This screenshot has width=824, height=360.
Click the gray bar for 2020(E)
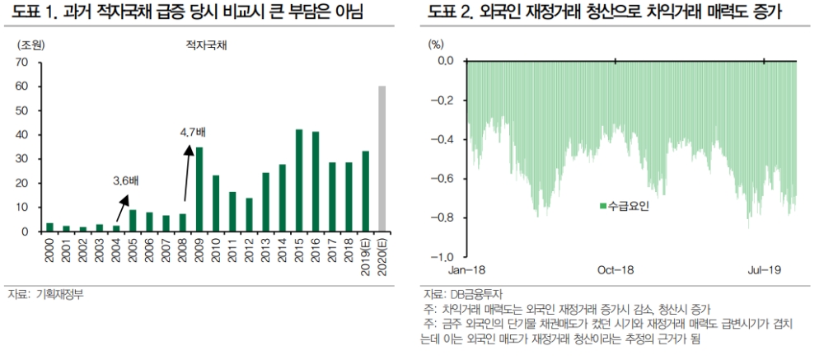click(382, 158)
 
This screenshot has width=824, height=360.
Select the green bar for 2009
click(200, 189)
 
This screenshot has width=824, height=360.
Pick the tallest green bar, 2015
click(298, 180)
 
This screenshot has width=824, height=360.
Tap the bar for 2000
click(49, 227)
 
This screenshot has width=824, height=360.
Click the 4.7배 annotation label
click(194, 131)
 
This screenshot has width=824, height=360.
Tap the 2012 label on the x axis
click(250, 247)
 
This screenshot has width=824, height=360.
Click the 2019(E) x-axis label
click(365, 255)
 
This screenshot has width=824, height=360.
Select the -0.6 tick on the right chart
click(443, 179)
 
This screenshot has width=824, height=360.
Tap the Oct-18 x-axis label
click(615, 270)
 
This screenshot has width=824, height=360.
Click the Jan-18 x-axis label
click(466, 270)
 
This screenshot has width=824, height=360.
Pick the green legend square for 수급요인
click(603, 205)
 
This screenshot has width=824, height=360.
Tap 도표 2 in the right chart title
click(448, 13)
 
